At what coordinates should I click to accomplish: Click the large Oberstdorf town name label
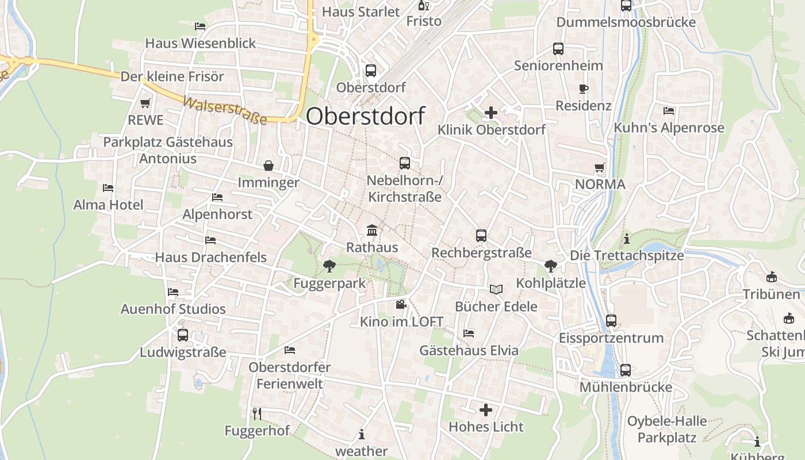365,116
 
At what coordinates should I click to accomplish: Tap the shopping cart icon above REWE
145,103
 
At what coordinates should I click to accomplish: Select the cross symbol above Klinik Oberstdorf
491,113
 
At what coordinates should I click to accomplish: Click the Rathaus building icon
372,231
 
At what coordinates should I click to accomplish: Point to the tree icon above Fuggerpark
329,266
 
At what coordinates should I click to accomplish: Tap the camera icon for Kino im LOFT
401,304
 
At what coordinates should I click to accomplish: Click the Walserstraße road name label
225,111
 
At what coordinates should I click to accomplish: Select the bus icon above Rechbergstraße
481,236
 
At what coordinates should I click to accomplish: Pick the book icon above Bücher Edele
496,289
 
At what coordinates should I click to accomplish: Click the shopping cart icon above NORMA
600,167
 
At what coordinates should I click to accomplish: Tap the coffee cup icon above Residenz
584,89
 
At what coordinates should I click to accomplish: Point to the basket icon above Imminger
269,166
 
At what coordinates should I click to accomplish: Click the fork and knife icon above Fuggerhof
257,413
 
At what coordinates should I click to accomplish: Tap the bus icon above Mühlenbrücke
626,370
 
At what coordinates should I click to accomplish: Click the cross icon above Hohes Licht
486,410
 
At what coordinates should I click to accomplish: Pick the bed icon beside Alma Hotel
108,187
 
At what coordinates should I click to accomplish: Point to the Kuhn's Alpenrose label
669,128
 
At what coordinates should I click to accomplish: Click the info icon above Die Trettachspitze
627,239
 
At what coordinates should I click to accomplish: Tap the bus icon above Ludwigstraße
183,335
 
